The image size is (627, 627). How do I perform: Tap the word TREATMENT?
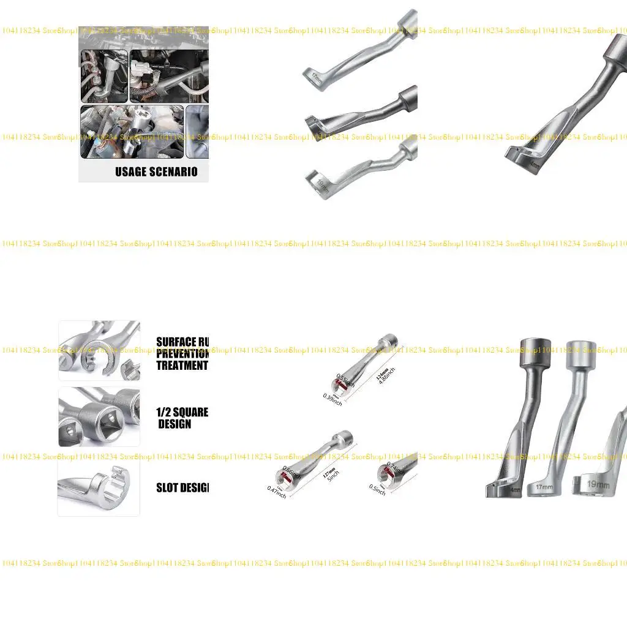[x=182, y=366]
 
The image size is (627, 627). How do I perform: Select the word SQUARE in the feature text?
[x=190, y=412]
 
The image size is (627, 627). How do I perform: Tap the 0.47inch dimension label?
[x=277, y=491]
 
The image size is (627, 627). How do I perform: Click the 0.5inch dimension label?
[x=378, y=490]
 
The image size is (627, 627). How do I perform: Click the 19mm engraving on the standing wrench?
[x=598, y=484]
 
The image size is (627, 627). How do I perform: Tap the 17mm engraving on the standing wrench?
[x=544, y=487]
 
